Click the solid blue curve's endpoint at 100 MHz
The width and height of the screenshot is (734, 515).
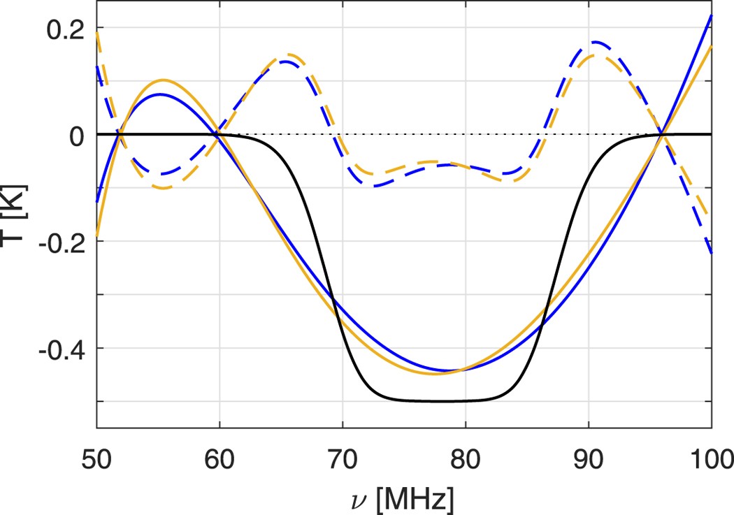coord(711,15)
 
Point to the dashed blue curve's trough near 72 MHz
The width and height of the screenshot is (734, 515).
coord(375,185)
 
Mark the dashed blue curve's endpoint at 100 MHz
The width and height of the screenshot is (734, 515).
coord(711,253)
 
